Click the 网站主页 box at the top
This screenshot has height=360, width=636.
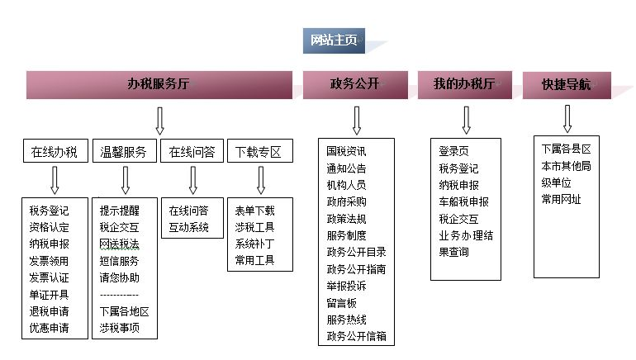click(x=334, y=41)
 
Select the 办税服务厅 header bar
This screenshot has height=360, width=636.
click(x=159, y=84)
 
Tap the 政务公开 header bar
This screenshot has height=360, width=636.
click(x=356, y=84)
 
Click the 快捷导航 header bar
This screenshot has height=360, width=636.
click(x=566, y=84)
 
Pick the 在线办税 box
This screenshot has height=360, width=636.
click(x=55, y=152)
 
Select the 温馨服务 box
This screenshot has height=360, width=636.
click(x=124, y=152)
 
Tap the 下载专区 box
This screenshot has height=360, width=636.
click(x=259, y=152)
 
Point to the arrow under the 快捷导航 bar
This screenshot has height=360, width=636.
click(x=567, y=119)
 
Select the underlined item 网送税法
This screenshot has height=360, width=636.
click(x=120, y=244)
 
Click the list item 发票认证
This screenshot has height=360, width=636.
click(x=50, y=277)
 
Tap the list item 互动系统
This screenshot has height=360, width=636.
click(x=189, y=227)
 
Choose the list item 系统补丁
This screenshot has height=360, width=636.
click(x=255, y=244)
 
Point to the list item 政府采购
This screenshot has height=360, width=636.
click(x=347, y=201)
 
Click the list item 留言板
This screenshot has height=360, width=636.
click(x=341, y=302)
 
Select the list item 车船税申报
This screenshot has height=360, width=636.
click(x=464, y=201)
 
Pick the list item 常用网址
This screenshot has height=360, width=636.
click(x=562, y=199)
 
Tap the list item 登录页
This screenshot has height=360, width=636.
click(x=454, y=151)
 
